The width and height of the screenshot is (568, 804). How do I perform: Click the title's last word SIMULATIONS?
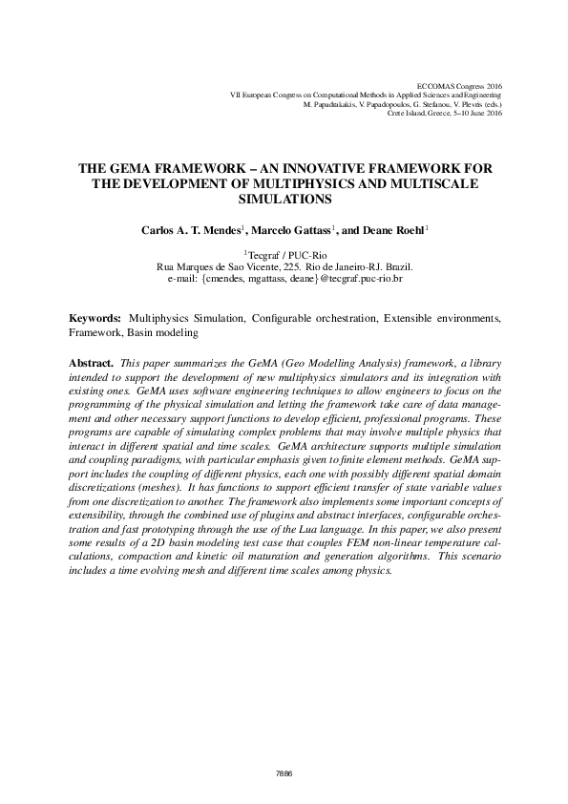pyautogui.click(x=284, y=200)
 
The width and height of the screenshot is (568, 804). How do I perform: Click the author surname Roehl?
pyautogui.click(x=408, y=230)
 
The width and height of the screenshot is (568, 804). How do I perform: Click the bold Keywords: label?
pyautogui.click(x=95, y=316)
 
